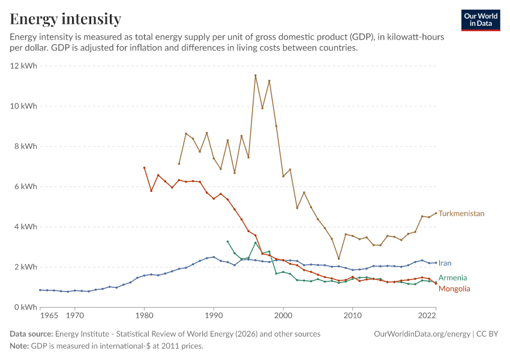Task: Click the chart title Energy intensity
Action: click(x=65, y=19)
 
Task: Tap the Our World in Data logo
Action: click(x=481, y=20)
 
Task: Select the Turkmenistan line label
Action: click(x=461, y=214)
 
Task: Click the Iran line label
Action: click(x=445, y=263)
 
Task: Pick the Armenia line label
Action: click(x=452, y=278)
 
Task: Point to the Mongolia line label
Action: click(x=454, y=289)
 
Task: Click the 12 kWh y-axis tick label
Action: click(x=23, y=65)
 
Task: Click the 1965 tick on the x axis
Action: click(x=49, y=316)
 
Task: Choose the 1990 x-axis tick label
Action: click(x=214, y=316)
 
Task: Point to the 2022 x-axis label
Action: click(x=427, y=316)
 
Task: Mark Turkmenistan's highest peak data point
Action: click(x=256, y=76)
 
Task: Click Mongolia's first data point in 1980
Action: click(x=144, y=168)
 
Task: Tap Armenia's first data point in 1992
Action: click(x=227, y=242)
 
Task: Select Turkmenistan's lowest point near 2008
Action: click(x=338, y=259)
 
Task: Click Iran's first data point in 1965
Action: click(x=40, y=290)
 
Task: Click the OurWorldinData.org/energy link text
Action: click(x=422, y=334)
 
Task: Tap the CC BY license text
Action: click(x=487, y=334)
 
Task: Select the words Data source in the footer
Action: click(x=31, y=334)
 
